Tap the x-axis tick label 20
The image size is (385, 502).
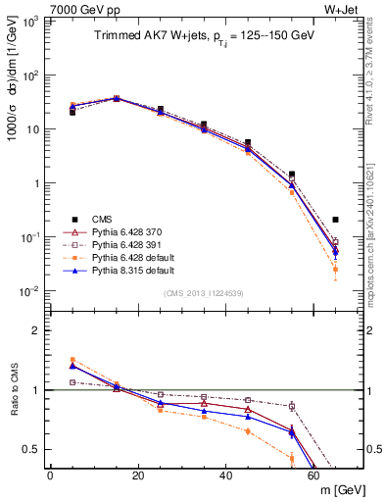click(x=138, y=475)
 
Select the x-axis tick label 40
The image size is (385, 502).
click(x=226, y=475)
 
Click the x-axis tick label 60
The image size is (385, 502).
click(x=313, y=475)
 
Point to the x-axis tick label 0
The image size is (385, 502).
click(x=51, y=475)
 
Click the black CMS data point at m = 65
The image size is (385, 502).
click(x=336, y=220)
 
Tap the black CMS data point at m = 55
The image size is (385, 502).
click(x=292, y=175)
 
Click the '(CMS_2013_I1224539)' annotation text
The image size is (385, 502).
click(x=203, y=292)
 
